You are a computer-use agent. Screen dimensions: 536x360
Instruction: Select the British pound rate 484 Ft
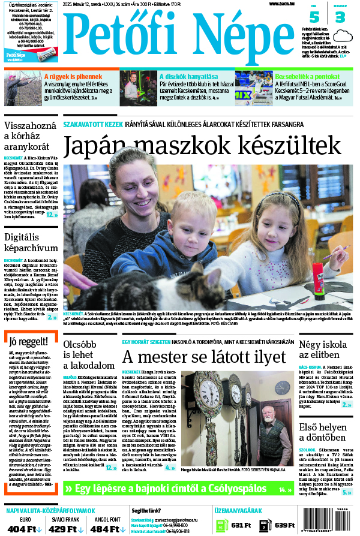click(105, 529)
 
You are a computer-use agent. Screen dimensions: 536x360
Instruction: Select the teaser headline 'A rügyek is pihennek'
click(73, 76)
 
